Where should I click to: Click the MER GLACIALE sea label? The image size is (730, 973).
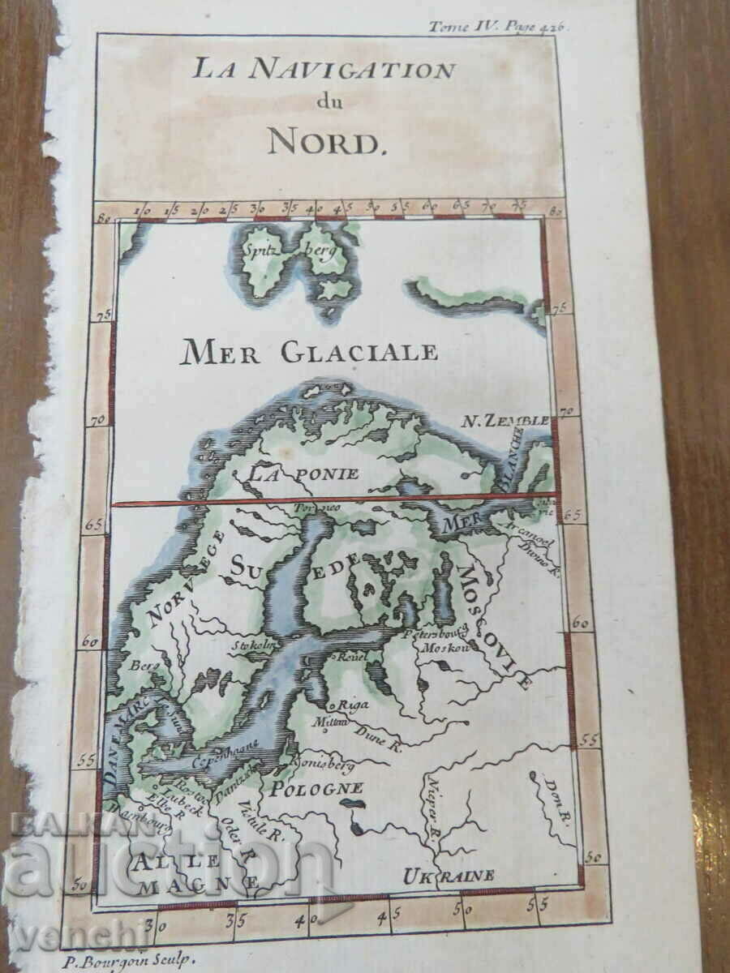tap(308, 352)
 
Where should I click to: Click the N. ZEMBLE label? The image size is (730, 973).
tap(505, 421)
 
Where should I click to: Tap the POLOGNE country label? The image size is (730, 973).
tap(316, 787)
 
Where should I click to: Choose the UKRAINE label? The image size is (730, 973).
tap(449, 875)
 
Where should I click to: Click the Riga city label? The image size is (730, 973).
tap(354, 704)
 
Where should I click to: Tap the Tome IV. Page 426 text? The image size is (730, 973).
tap(498, 25)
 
